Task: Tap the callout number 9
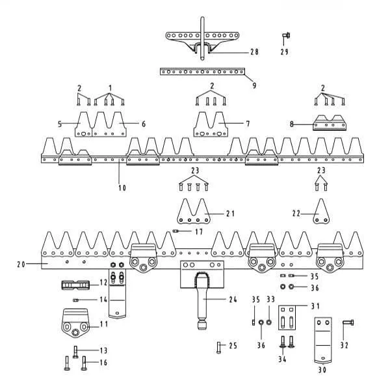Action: click(254, 85)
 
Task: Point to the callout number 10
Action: click(122, 188)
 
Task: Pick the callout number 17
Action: click(199, 231)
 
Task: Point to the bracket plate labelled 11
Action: click(77, 324)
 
